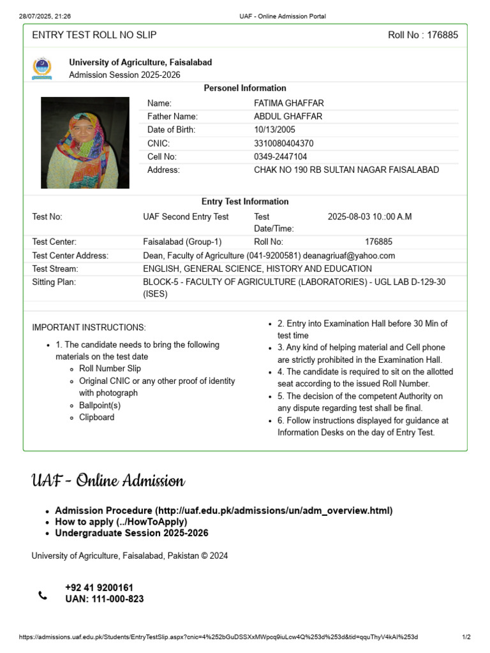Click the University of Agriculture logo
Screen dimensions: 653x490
pos(41,69)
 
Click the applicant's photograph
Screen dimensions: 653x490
pos(85,142)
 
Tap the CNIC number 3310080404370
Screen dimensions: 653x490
pos(283,143)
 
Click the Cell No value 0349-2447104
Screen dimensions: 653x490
pos(280,156)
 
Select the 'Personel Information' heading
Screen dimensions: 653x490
pos(245,88)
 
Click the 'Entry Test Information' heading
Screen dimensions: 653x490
pos(245,202)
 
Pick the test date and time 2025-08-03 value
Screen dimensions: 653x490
pos(369,217)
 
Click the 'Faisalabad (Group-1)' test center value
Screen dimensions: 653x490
pos(182,242)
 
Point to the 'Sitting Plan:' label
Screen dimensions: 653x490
pos(54,282)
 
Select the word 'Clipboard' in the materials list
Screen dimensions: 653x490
pos(97,417)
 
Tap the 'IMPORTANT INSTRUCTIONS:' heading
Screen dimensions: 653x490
pos(89,328)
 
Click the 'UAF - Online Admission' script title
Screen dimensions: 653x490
pos(108,480)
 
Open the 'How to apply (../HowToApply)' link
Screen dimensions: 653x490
pos(121,522)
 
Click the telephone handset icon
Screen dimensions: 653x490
pos(43,596)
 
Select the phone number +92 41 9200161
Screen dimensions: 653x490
pos(99,587)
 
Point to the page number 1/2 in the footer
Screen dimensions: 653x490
pos(466,637)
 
